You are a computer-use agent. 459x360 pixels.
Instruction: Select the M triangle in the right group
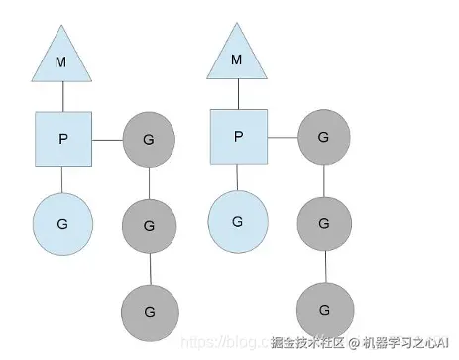236,59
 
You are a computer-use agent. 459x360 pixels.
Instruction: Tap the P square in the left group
62,138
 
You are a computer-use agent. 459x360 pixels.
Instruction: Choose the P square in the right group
238,137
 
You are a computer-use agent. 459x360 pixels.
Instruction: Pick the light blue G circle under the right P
237,220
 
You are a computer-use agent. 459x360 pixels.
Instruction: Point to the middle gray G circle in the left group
149,225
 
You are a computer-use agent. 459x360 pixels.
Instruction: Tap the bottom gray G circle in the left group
149,310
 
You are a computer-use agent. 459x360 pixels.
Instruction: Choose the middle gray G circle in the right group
323,224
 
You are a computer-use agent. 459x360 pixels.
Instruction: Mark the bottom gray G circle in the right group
323,309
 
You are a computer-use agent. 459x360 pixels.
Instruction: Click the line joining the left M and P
62,97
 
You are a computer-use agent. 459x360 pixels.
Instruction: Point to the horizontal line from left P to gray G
106,140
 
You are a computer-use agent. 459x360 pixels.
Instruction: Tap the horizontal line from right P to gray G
282,137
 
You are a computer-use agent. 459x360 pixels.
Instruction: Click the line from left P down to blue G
62,180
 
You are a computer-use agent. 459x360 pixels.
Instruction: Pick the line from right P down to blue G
237,178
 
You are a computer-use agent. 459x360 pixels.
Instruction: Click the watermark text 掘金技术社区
303,343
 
